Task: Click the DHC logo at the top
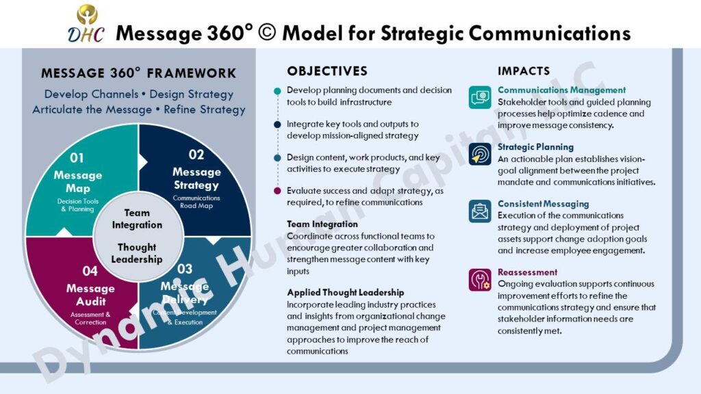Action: click(x=86, y=24)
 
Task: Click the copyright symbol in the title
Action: click(x=267, y=33)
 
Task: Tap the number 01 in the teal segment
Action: click(x=77, y=158)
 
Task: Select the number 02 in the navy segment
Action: click(x=196, y=155)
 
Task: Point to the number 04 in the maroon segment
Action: click(x=90, y=271)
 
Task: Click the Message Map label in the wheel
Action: click(x=78, y=181)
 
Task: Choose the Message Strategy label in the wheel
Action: click(x=196, y=179)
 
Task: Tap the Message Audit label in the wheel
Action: click(x=90, y=295)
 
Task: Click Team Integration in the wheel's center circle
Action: click(x=137, y=219)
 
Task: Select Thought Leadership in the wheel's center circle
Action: click(x=137, y=253)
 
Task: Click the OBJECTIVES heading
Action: click(x=327, y=71)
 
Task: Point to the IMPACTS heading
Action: click(x=524, y=71)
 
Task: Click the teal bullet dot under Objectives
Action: click(x=277, y=91)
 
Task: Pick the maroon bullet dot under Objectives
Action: click(x=277, y=192)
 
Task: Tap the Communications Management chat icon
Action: click(x=480, y=97)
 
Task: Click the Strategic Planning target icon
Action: click(x=480, y=154)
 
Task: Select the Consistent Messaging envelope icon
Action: click(x=480, y=211)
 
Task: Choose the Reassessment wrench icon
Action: click(x=480, y=280)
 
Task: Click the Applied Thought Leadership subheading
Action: click(x=346, y=293)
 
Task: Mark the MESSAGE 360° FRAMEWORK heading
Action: click(x=138, y=73)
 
